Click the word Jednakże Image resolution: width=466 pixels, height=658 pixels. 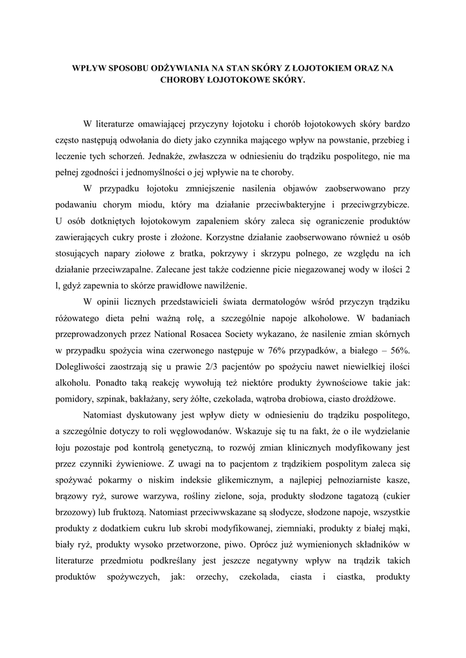168,156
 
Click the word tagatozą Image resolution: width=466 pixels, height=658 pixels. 343,496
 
